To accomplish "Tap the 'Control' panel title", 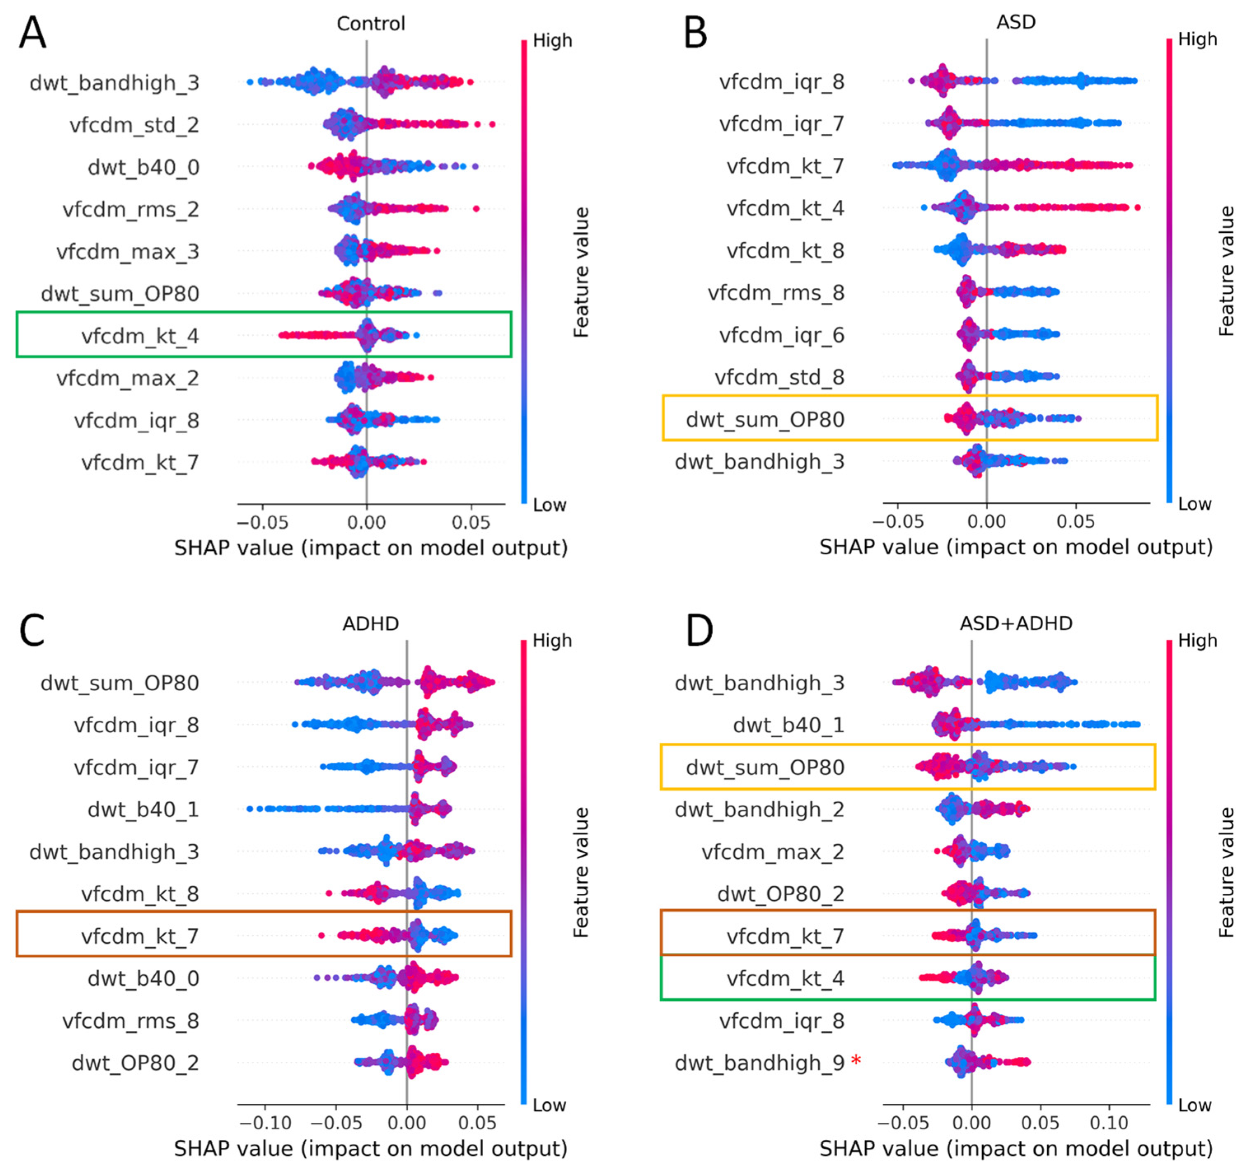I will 371,24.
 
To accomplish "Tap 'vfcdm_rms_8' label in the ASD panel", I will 776,292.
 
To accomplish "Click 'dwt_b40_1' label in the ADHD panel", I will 143,809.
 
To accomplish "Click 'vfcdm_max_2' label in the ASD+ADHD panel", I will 772,851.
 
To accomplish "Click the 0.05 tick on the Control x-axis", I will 471,522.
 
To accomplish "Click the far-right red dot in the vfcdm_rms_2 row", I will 476,208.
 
